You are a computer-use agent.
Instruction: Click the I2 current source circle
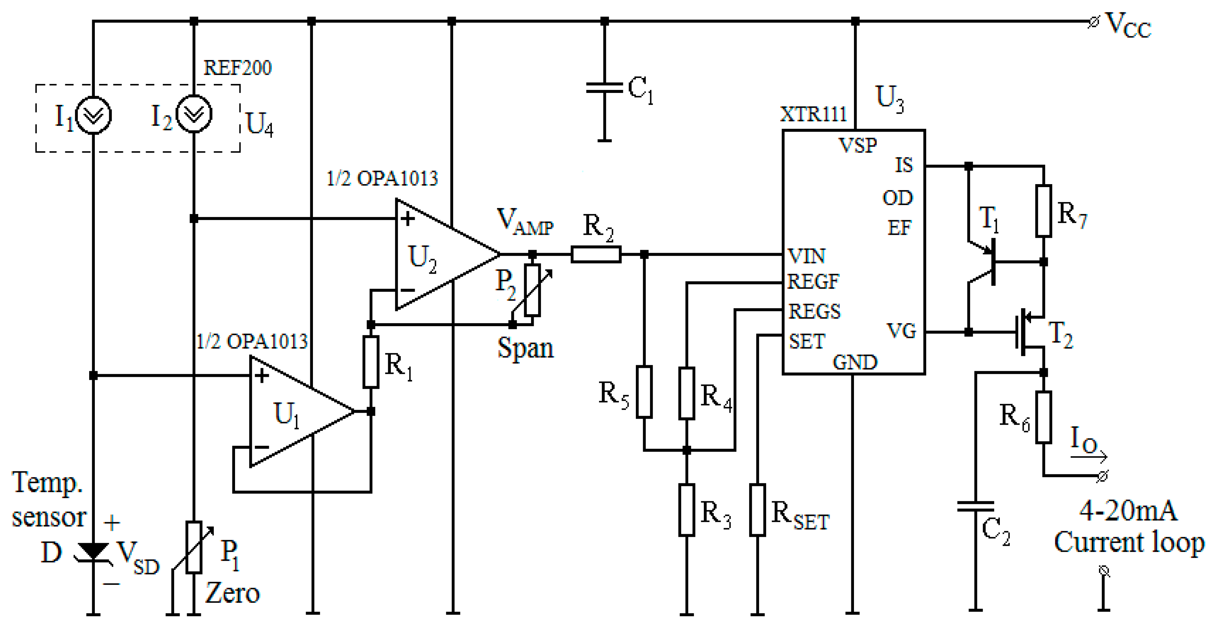tap(194, 114)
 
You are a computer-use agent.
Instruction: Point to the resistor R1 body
tap(371, 362)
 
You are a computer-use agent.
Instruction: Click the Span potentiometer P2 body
tap(532, 290)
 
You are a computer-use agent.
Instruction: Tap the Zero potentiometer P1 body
tap(194, 547)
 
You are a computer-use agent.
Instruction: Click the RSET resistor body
tap(757, 510)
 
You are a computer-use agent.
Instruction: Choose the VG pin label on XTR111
tap(901, 331)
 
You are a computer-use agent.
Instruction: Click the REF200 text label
tap(237, 68)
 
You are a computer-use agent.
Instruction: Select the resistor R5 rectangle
tap(644, 392)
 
